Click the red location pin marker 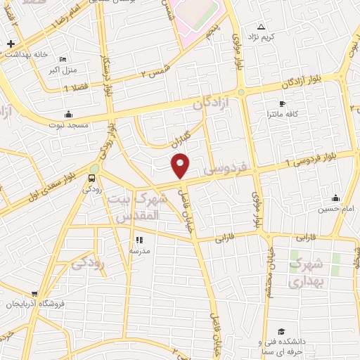coord(181,166)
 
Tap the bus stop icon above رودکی coord(91,178)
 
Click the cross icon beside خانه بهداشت coord(11,44)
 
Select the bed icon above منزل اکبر coord(63,59)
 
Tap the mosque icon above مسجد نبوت coord(68,114)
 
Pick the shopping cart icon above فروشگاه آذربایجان coord(34,295)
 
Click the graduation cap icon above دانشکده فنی coord(281,331)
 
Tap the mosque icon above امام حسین coord(336,198)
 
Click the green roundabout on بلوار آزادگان coord(241,92)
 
